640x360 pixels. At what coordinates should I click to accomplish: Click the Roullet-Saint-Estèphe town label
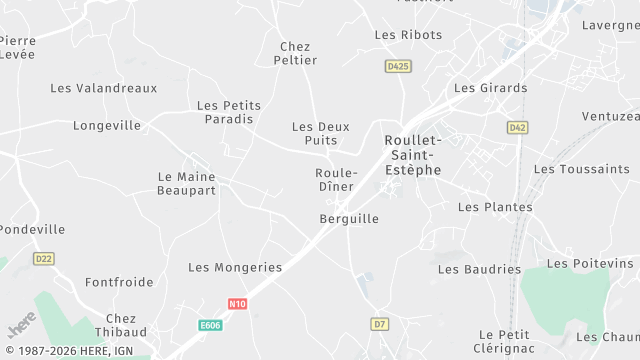[x=412, y=155]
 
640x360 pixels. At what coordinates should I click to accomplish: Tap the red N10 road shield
[x=237, y=304]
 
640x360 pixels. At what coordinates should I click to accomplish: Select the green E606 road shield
[x=210, y=325]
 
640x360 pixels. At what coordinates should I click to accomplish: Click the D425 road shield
[x=398, y=66]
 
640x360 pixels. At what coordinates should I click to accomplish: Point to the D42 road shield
[x=517, y=128]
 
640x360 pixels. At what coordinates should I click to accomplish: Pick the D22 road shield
[x=43, y=259]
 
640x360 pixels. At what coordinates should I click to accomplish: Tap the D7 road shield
[x=379, y=324]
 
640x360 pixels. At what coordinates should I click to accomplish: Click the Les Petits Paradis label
[x=225, y=112]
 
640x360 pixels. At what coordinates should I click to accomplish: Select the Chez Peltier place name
[x=295, y=53]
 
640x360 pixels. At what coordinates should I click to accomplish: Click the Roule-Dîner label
[x=336, y=180]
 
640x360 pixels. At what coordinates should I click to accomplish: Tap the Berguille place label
[x=349, y=219]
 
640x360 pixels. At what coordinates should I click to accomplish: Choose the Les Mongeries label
[x=235, y=268]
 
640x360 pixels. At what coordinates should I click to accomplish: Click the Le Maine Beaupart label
[x=187, y=183]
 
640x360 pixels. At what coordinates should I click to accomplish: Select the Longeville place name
[x=107, y=126]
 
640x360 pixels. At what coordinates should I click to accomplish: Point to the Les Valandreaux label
[x=104, y=88]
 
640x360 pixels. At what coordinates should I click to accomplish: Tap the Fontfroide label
[x=119, y=282]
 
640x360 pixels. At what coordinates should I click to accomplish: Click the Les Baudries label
[x=480, y=269]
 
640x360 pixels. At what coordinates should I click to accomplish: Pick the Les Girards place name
[x=490, y=88]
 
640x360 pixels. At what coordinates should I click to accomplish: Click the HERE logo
[x=21, y=327]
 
